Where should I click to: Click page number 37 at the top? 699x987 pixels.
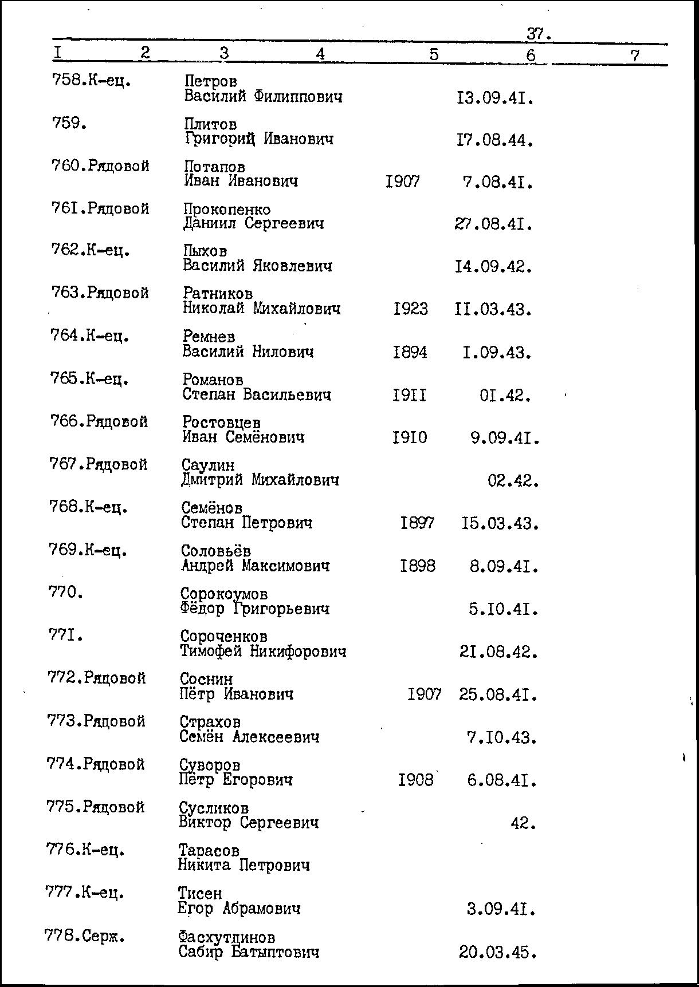click(537, 34)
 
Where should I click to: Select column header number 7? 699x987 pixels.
click(634, 56)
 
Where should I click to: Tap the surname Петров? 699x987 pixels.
click(210, 82)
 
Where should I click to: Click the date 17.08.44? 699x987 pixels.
click(495, 140)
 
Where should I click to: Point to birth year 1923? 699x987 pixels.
click(410, 309)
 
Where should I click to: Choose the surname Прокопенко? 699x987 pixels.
click(227, 210)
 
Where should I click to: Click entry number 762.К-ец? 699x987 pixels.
click(91, 251)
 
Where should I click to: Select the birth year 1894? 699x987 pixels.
click(410, 352)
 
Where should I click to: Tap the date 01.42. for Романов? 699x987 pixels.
click(505, 396)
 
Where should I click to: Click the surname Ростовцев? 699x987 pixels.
click(221, 422)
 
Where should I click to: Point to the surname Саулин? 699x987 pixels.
click(208, 465)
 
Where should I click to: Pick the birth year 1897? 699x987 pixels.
click(417, 523)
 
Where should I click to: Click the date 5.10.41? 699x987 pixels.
click(503, 609)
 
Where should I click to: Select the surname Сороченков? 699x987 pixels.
click(223, 637)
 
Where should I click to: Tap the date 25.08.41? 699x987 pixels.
click(498, 695)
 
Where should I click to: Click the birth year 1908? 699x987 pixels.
click(416, 780)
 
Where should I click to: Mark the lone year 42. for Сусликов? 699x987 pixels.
click(523, 824)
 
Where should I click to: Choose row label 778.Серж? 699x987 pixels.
click(84, 937)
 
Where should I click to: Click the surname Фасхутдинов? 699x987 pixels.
click(226, 938)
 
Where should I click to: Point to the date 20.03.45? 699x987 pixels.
click(497, 953)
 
